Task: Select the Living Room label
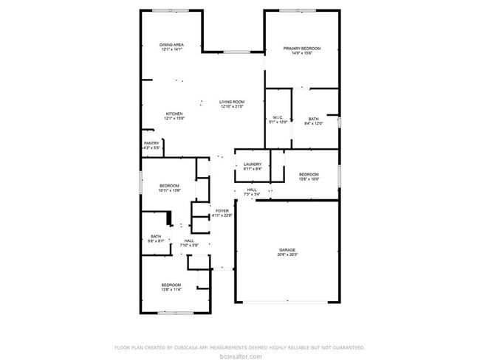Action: click(x=232, y=102)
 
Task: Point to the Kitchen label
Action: click(x=174, y=114)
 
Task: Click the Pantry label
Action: click(x=151, y=143)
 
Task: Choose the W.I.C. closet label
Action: click(x=278, y=117)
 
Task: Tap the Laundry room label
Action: click(x=253, y=164)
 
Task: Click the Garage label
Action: click(x=287, y=250)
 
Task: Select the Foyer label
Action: click(x=222, y=211)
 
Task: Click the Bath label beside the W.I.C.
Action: click(x=314, y=119)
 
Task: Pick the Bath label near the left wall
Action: click(x=156, y=236)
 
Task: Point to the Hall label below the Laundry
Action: click(x=252, y=190)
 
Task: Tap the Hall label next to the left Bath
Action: click(x=189, y=240)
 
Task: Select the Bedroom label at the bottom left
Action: click(x=171, y=285)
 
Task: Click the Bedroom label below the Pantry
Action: click(x=170, y=185)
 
